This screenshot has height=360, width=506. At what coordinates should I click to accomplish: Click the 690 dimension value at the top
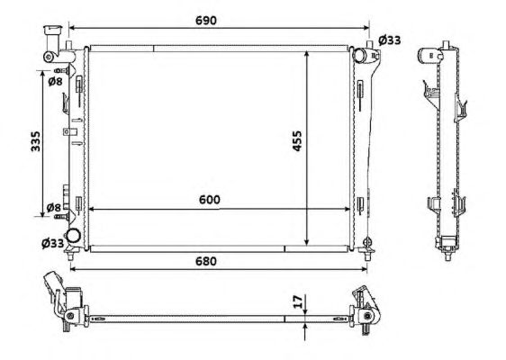(x=206, y=21)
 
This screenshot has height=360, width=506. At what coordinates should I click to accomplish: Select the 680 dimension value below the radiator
(x=206, y=261)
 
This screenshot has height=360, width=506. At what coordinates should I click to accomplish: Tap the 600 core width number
(x=210, y=200)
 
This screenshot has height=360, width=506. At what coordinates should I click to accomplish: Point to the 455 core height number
(x=296, y=140)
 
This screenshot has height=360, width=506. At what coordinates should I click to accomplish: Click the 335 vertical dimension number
(x=35, y=141)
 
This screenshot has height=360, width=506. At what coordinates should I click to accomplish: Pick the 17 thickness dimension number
(x=299, y=301)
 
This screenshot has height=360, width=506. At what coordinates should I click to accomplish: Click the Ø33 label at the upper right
(x=390, y=40)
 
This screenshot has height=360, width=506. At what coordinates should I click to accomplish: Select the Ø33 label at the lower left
(x=52, y=243)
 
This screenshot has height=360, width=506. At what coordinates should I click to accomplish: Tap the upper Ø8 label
(x=55, y=82)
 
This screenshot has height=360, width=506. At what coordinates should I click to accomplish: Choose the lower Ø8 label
(x=53, y=207)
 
